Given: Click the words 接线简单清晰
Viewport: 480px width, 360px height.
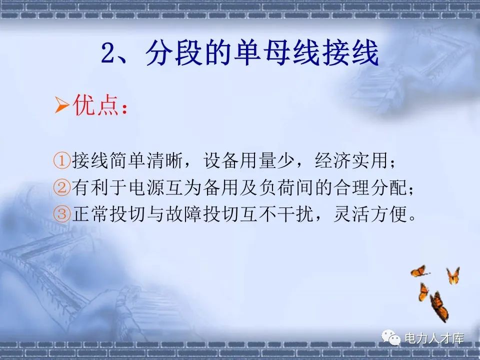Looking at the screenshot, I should coord(126,161).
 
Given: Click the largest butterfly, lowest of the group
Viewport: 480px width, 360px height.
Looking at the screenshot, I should coord(438,305).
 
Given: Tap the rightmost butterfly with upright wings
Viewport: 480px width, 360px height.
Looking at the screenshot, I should coord(453,275).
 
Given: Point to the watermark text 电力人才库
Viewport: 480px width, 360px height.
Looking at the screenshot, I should coord(434,338).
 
